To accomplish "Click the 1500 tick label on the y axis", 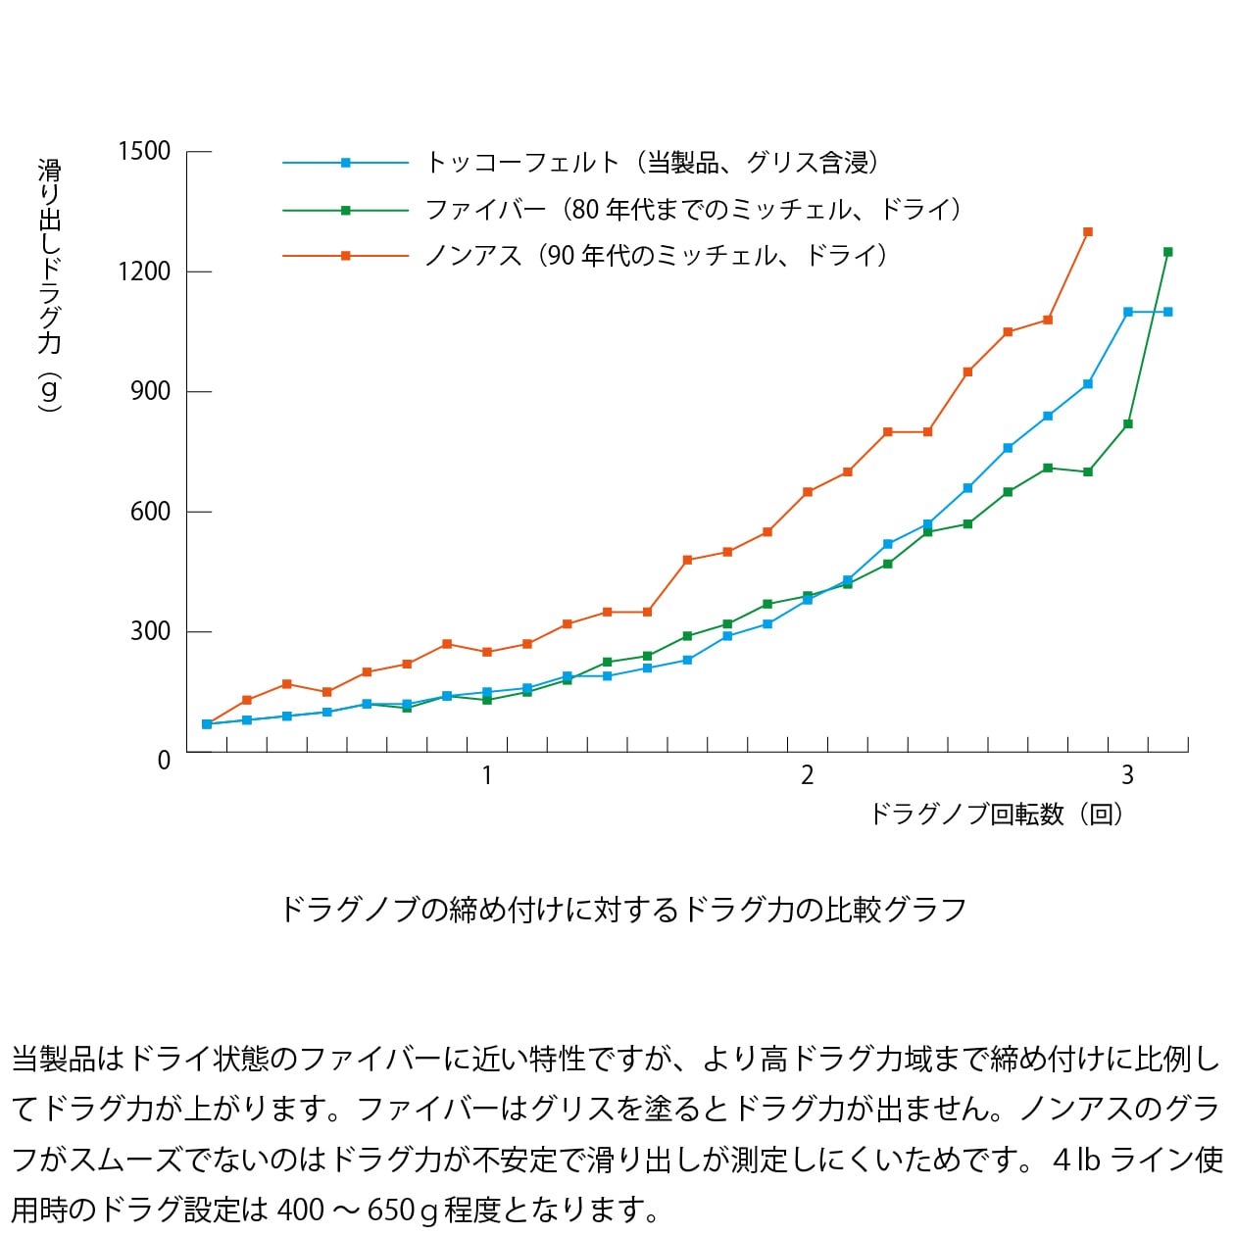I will tap(144, 151).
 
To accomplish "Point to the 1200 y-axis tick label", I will tap(144, 272).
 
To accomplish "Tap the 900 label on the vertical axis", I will tap(150, 391).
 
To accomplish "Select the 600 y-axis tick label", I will tap(150, 512).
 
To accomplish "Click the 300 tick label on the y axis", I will tap(150, 631).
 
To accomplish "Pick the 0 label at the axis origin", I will tap(164, 761).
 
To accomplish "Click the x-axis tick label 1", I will tap(486, 776).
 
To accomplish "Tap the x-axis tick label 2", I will tap(807, 776).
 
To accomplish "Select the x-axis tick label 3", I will tap(1127, 776).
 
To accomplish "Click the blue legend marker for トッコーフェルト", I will tap(345, 163).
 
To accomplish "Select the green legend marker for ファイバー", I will tap(345, 210).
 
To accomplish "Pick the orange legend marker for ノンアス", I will tap(345, 256).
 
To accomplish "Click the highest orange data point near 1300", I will tap(1088, 232).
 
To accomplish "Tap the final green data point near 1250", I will tap(1167, 252).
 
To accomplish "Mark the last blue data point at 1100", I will tap(1167, 312).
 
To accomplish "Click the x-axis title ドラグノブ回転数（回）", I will tap(996, 815).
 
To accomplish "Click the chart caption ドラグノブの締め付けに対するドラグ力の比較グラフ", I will tap(623, 910).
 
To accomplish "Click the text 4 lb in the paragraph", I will tap(1076, 1160).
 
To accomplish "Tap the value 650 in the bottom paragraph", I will tap(390, 1211).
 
